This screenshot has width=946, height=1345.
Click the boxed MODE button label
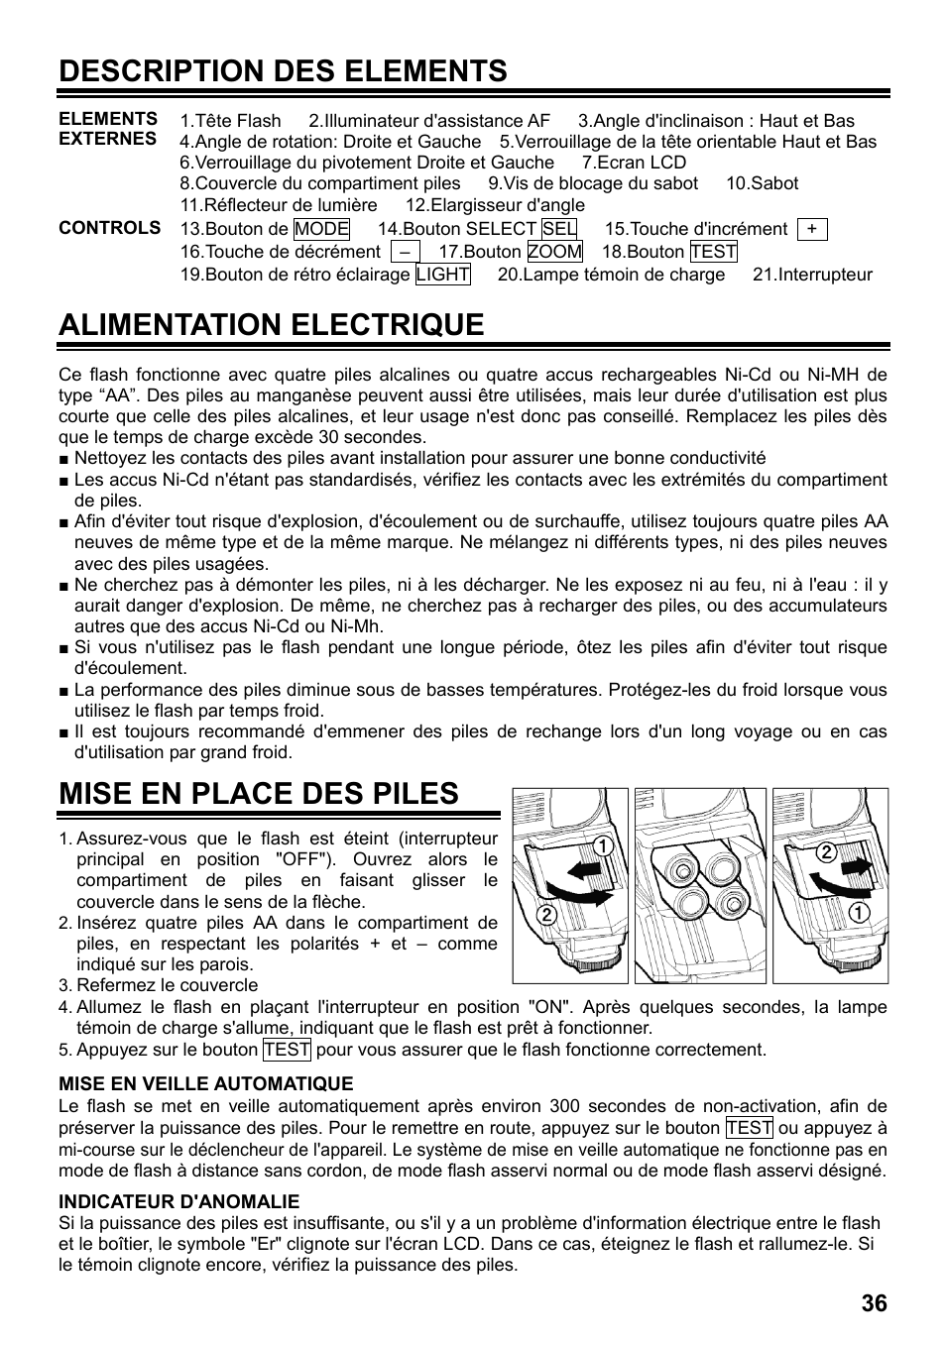321,229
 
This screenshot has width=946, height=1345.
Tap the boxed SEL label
559,229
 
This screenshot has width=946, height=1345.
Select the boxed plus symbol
812,229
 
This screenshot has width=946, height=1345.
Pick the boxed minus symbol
406,253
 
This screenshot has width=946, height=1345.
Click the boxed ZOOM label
554,253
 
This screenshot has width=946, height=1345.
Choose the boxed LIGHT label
442,275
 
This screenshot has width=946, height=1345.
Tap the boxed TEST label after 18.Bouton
713,253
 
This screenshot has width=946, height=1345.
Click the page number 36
874,1303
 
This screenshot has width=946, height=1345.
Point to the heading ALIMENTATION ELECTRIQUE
271,325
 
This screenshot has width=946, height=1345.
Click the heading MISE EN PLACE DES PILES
258,793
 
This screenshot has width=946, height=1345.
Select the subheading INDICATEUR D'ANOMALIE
178,1201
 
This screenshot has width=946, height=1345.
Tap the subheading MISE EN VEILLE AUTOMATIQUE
205,1083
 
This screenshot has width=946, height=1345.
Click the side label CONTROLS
109,228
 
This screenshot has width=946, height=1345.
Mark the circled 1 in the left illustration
600,844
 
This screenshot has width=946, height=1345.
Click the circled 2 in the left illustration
545,915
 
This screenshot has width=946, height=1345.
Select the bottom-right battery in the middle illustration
732,903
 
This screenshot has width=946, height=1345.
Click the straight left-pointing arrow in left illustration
587,869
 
